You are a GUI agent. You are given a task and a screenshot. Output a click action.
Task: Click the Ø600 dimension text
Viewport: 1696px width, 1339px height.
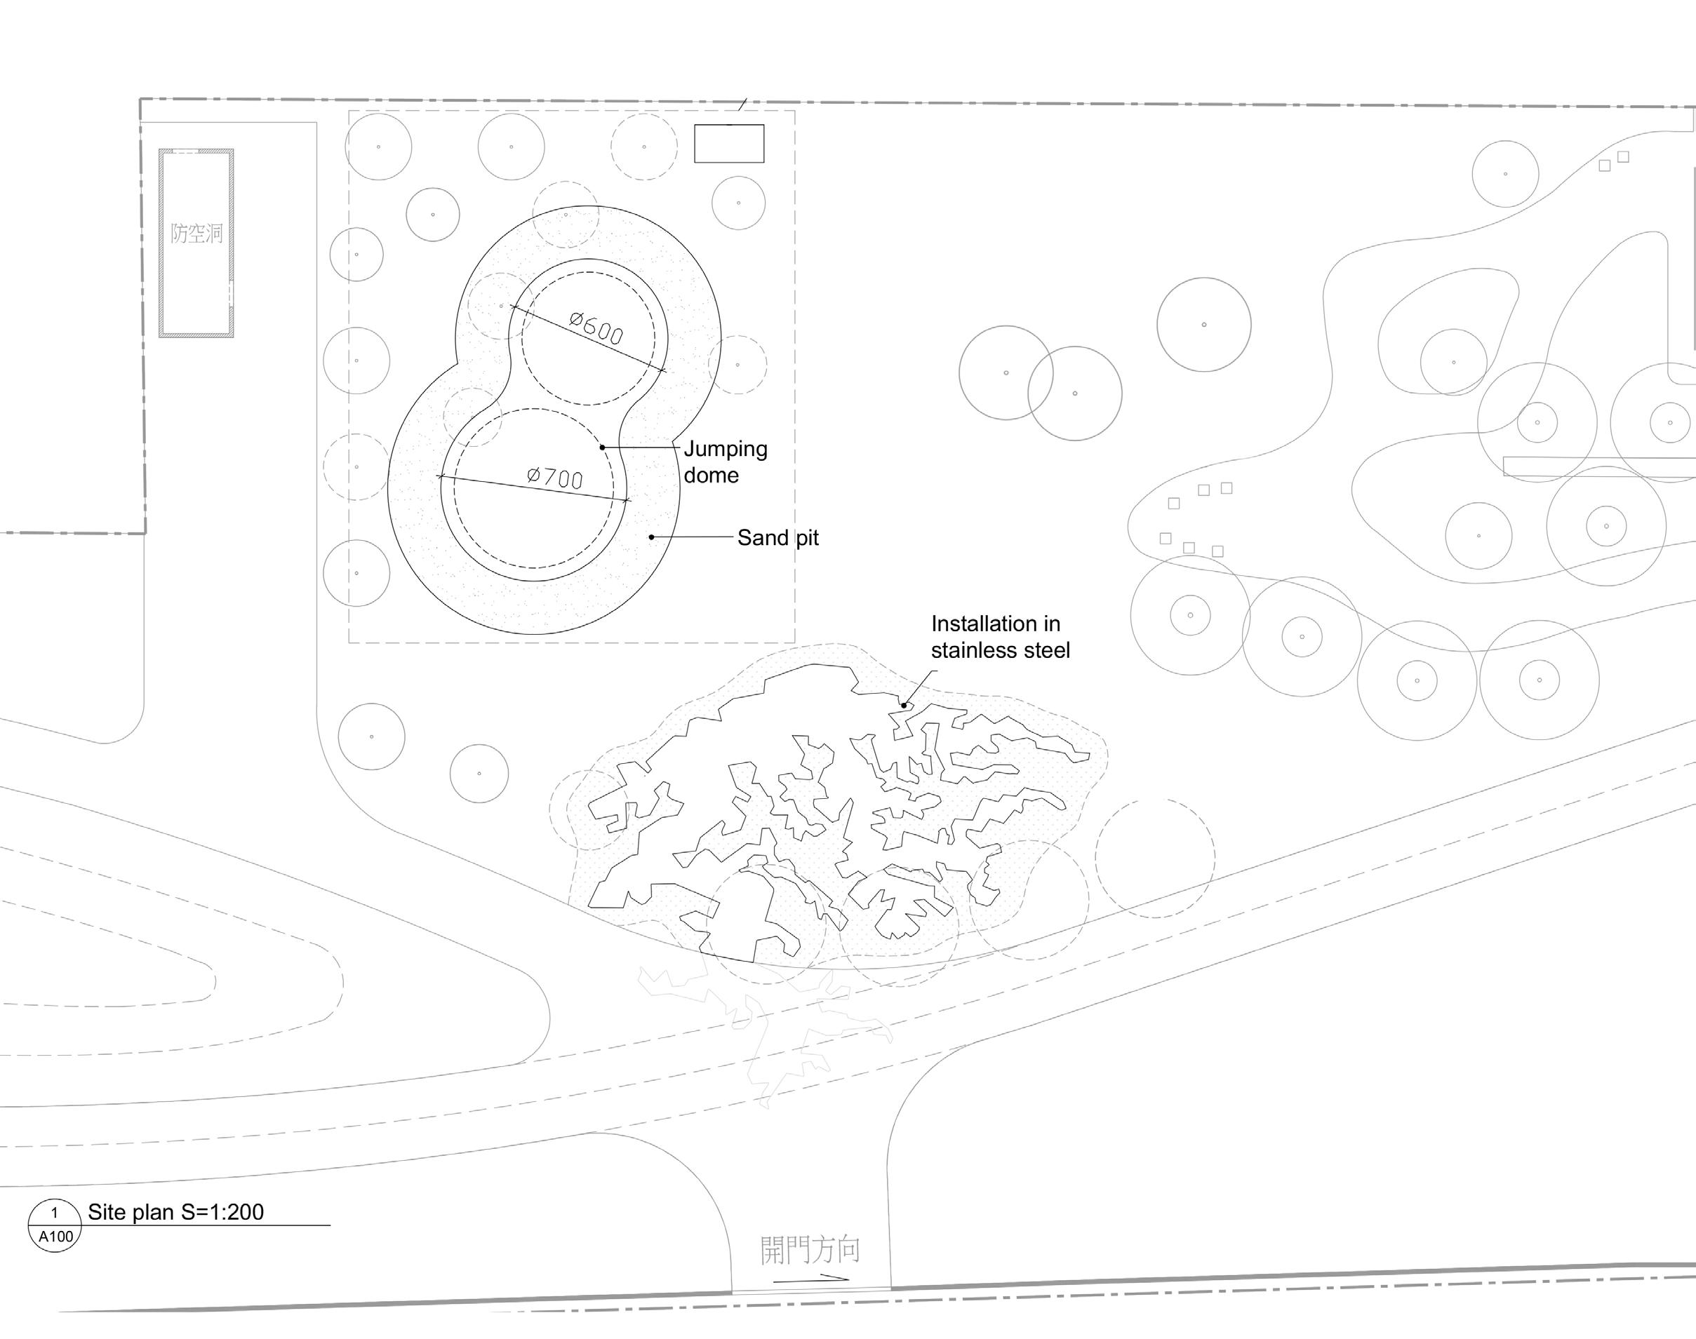(596, 328)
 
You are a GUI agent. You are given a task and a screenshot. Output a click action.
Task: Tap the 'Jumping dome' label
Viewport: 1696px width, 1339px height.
(725, 462)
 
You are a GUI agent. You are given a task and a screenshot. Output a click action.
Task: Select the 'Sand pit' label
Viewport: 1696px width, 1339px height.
(777, 538)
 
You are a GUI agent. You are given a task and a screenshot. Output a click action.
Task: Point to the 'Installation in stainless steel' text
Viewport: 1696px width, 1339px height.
(1000, 637)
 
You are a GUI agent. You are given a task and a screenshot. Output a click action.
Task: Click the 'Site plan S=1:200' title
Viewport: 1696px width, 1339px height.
(175, 1212)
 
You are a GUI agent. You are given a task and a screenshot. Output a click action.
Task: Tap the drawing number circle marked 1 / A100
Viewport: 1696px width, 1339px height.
(55, 1225)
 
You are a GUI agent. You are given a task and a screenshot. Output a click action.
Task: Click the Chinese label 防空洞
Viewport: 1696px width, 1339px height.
(196, 233)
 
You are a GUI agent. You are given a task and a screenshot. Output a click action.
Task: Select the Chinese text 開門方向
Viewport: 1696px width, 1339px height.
(810, 1251)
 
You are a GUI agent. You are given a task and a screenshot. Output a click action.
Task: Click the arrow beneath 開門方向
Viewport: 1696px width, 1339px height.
(812, 1279)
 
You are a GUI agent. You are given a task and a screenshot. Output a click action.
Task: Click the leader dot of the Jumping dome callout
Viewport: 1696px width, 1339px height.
(603, 448)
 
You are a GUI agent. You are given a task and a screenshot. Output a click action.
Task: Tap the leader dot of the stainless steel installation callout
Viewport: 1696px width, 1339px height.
(903, 706)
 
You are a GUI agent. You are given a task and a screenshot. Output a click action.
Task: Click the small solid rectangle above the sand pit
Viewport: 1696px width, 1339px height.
(729, 144)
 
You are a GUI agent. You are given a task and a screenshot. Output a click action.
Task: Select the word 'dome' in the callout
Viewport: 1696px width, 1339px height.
(712, 475)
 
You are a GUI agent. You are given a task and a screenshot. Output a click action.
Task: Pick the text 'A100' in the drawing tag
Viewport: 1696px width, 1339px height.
(55, 1237)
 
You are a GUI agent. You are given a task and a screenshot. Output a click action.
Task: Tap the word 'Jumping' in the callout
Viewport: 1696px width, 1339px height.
(726, 449)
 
